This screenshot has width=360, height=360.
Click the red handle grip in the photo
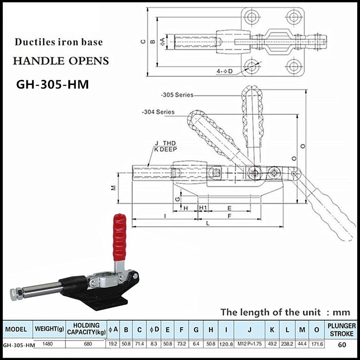(120, 236)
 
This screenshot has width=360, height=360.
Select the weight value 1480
(47, 344)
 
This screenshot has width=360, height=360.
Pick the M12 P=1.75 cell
(249, 344)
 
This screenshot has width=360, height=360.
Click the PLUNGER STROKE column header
(342, 329)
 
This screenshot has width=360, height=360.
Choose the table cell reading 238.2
(287, 344)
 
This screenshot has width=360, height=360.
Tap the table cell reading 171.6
(317, 344)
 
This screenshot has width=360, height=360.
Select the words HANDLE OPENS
(60, 61)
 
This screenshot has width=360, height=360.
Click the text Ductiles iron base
(59, 42)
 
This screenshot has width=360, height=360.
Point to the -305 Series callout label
(178, 95)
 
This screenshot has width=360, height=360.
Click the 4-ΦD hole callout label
(225, 71)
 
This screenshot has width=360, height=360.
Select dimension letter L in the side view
(208, 223)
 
